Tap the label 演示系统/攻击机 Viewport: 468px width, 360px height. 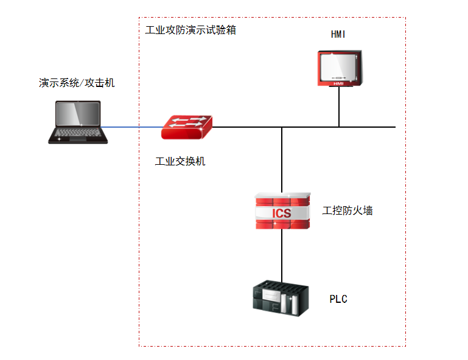pos(77,83)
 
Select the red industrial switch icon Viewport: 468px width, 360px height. pos(187,126)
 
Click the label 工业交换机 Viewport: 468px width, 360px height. pos(180,161)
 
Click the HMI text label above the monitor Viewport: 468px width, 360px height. pos(338,34)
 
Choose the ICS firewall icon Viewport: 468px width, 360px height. pos(282,211)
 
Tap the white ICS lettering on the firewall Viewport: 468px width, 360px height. pos(281,213)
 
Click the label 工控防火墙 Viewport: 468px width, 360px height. pos(348,211)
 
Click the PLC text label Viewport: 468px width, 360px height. pos(338,299)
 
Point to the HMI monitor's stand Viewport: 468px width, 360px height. pos(338,86)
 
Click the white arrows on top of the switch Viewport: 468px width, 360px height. pos(187,121)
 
